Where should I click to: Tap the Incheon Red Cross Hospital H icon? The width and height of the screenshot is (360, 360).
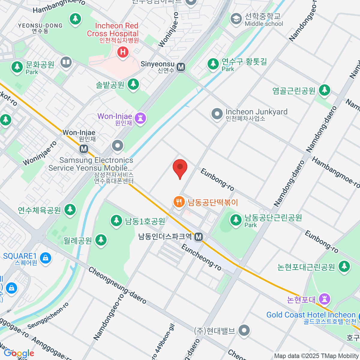coord(122,52)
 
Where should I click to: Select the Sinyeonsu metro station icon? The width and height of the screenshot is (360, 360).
coord(181,67)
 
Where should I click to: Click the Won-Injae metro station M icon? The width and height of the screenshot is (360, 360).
coord(84,148)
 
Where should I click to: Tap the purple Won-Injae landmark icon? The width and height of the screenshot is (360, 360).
coord(140,118)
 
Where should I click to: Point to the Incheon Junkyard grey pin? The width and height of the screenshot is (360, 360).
coord(217,114)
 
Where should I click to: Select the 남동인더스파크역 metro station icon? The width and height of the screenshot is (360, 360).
coord(198,237)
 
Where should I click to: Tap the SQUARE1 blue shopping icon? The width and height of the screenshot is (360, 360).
coord(45,258)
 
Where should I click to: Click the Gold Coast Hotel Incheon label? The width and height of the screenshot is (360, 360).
coord(311,315)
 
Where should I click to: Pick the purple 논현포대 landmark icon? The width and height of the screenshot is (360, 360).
coord(325,299)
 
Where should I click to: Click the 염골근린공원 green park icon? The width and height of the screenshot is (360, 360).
coord(324,90)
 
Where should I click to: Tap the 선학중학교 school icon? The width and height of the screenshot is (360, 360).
coord(236,19)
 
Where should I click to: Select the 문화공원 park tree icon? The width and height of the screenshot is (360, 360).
coord(17,67)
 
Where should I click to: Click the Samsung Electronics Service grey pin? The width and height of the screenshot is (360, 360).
coord(117,146)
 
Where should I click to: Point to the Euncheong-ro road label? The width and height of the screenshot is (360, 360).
coord(201,257)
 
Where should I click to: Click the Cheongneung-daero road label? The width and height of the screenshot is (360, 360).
coord(117,285)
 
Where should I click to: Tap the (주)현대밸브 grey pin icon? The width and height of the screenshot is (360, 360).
coord(244,331)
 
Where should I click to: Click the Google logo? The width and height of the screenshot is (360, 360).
coord(19,353)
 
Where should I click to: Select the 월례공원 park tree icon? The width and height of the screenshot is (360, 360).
coord(101,240)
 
